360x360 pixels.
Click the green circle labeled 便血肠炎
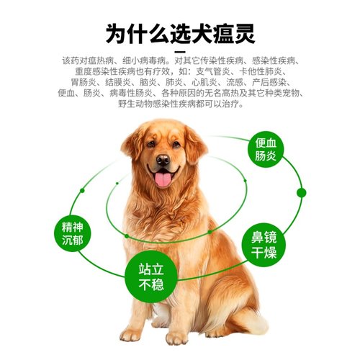point(265,150)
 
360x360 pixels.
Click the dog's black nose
point(163,160)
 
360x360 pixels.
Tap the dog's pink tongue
point(163,179)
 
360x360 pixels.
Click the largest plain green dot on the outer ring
point(301,192)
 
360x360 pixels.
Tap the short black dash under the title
point(180,52)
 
